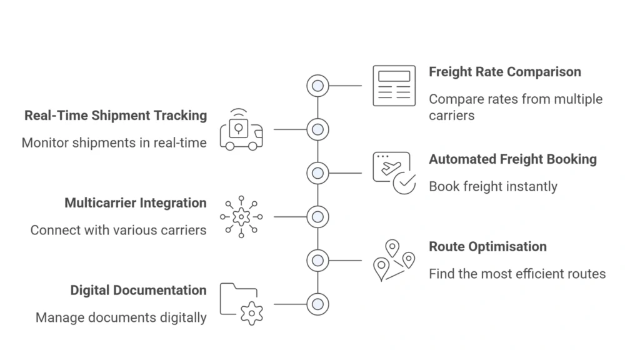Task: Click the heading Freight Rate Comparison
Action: (x=504, y=72)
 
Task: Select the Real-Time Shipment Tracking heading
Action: (x=116, y=116)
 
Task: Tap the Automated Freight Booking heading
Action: (x=512, y=159)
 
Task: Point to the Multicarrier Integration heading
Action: (x=135, y=203)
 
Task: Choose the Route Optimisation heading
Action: (x=487, y=246)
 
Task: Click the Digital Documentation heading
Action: (x=138, y=290)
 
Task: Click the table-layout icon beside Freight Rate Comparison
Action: (x=394, y=86)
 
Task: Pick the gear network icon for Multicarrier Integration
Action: (x=241, y=217)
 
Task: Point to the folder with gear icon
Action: (x=241, y=304)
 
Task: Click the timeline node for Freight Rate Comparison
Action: (x=317, y=86)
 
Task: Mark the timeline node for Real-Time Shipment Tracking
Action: (x=317, y=129)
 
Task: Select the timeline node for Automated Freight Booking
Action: (x=317, y=173)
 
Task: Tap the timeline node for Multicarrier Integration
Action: (x=317, y=217)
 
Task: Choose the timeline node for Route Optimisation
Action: (x=317, y=260)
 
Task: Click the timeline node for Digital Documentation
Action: (x=317, y=304)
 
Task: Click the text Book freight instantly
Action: (x=492, y=186)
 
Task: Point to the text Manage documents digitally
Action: (x=121, y=317)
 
